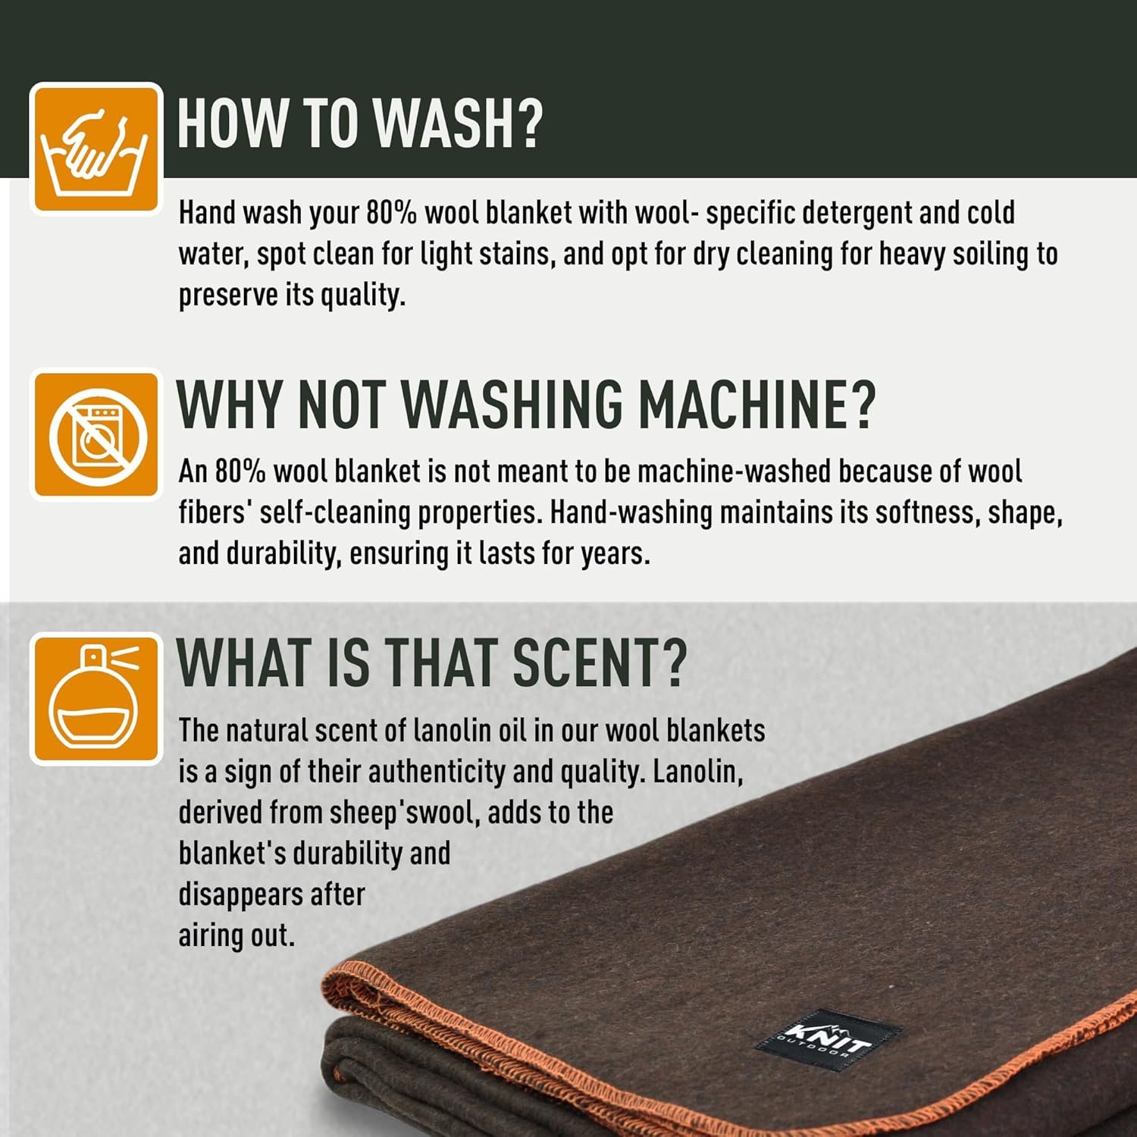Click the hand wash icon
tap(96, 149)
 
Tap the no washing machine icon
tap(96, 434)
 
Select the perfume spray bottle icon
tap(96, 698)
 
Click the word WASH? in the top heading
tap(459, 123)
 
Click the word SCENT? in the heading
tap(600, 663)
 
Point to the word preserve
tap(228, 296)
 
